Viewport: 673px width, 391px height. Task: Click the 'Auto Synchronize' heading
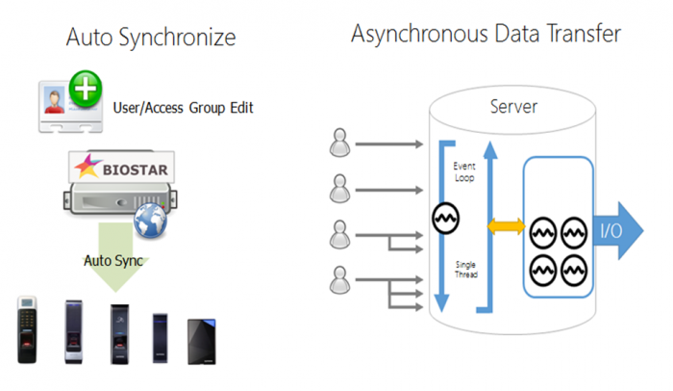click(150, 39)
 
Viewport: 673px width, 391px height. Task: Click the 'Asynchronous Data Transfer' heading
click(485, 35)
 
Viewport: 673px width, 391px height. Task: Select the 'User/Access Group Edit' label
click(184, 108)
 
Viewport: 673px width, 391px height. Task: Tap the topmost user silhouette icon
click(339, 143)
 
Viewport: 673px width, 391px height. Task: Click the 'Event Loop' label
click(464, 172)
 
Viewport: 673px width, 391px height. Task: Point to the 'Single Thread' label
click(464, 269)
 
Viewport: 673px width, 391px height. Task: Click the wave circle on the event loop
click(444, 220)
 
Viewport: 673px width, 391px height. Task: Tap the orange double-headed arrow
click(506, 227)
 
